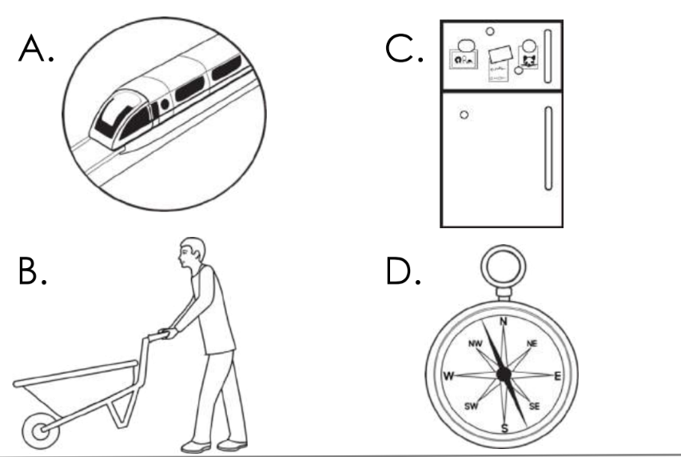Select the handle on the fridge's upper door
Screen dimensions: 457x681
coord(548,55)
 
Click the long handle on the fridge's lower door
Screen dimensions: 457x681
coord(548,148)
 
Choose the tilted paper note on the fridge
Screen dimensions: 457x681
coord(500,59)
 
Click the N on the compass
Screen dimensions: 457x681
coord(504,323)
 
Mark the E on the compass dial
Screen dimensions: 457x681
coord(559,375)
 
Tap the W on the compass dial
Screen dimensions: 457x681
coord(448,375)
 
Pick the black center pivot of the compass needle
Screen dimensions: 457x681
coord(504,375)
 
